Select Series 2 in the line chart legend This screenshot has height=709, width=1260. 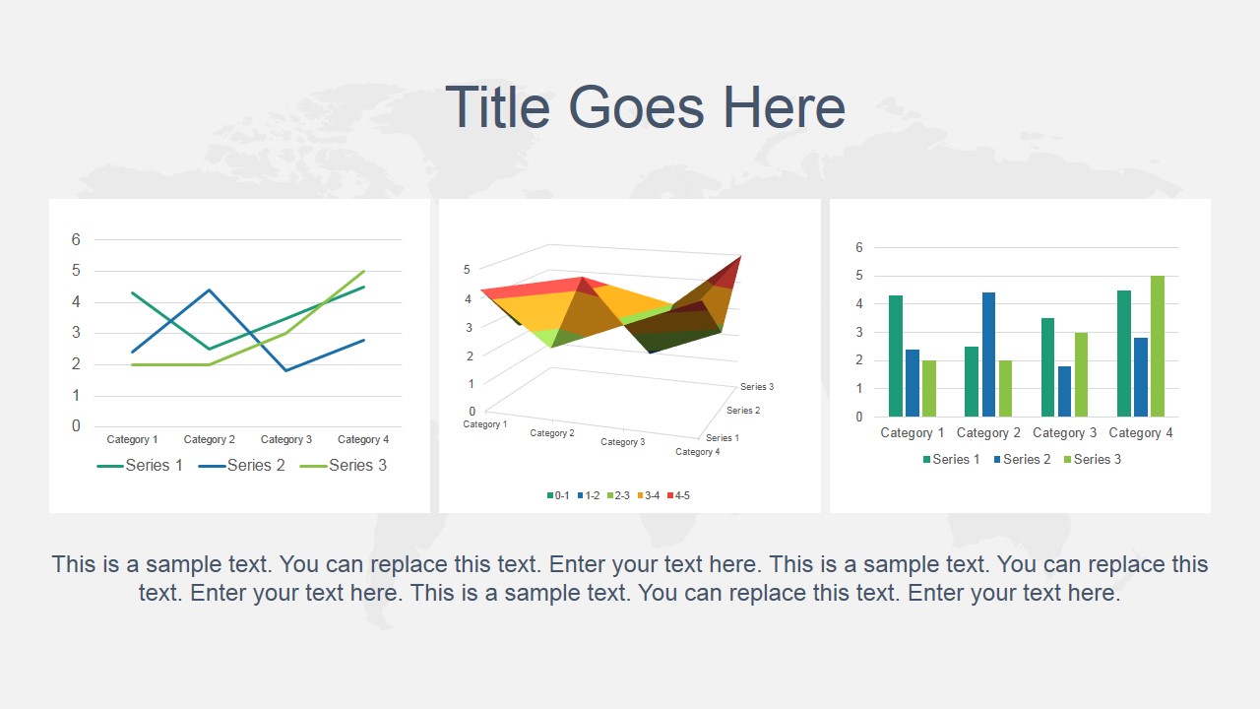(255, 465)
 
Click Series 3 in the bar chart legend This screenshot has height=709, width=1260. (1097, 459)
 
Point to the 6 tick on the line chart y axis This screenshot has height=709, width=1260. (76, 239)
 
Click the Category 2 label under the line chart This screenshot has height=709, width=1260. (210, 439)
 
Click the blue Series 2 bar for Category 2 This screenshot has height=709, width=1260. (988, 354)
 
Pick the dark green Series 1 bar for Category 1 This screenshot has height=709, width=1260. (896, 355)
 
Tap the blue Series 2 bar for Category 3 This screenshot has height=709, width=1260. (1065, 391)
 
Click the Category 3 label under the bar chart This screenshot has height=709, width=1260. (1064, 432)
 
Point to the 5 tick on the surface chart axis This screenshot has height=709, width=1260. (468, 269)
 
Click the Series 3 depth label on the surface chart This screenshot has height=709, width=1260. (756, 387)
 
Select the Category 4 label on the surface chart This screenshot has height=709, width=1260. (697, 452)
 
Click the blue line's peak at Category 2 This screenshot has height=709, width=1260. (210, 290)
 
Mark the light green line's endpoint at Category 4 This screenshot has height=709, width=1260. (364, 271)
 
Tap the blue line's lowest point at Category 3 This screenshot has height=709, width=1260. (286, 370)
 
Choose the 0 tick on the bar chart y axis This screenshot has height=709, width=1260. (859, 417)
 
